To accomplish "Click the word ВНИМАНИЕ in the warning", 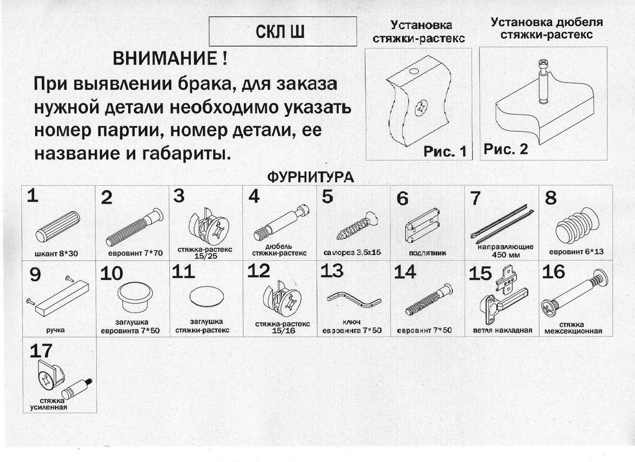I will point(164,58).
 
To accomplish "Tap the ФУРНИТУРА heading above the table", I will point(310,177).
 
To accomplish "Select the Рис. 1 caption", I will point(444,152).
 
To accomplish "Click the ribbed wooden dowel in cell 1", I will point(58,226).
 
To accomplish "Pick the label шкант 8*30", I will point(57,253).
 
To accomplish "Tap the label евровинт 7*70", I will point(135,253).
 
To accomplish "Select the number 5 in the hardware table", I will point(328,197).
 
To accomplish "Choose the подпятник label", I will point(427,253).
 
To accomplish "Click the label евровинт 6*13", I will point(576,252).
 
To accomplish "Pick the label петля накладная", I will point(502,331).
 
